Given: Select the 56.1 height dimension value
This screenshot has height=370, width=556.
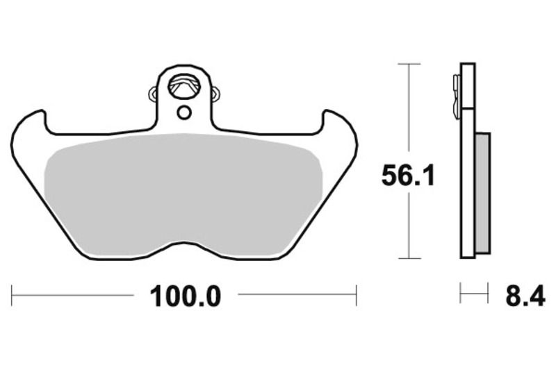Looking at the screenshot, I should (408, 176).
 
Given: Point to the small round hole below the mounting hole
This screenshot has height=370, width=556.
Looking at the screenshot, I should (184, 112).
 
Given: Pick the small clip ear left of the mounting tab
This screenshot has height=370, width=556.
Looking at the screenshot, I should (153, 92).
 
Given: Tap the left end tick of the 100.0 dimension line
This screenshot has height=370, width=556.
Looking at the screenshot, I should (13, 295).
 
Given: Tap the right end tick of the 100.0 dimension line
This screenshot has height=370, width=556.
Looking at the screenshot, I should (356, 295).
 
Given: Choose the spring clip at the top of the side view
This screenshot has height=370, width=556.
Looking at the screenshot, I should (455, 94).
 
